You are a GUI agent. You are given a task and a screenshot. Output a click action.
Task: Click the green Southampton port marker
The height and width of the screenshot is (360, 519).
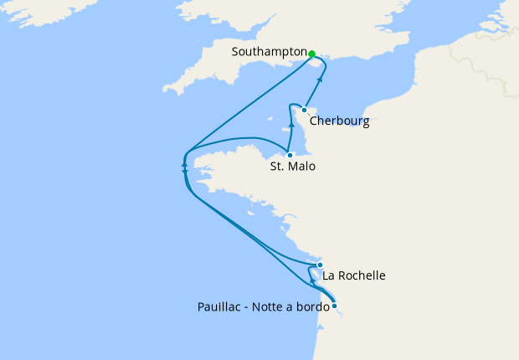[311, 54]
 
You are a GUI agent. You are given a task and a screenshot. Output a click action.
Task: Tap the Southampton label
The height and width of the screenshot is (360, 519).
[270, 52]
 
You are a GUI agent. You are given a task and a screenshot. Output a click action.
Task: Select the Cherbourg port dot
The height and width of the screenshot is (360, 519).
[304, 110]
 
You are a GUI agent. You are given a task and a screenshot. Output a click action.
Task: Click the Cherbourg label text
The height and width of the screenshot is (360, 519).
[339, 121]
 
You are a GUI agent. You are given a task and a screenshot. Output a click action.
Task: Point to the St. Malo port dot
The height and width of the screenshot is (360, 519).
[290, 155]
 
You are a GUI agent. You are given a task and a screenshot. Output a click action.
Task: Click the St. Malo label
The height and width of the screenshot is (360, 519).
[293, 167]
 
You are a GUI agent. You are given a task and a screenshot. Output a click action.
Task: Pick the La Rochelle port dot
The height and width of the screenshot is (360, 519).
[320, 265]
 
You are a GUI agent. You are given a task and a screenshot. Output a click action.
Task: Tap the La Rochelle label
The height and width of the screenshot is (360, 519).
[354, 275]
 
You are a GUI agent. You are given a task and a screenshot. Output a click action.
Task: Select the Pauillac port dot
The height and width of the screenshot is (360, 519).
[334, 306]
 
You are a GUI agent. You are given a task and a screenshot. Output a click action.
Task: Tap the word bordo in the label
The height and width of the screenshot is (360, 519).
[313, 306]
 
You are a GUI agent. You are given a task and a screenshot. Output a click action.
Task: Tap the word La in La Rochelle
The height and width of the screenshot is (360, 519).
[329, 275]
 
